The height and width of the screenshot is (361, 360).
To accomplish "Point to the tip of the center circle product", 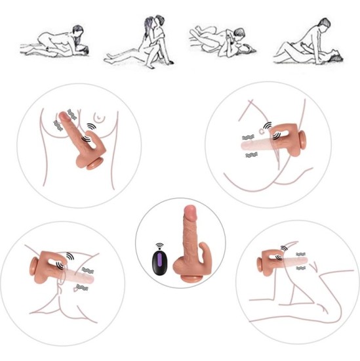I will [190, 211].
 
